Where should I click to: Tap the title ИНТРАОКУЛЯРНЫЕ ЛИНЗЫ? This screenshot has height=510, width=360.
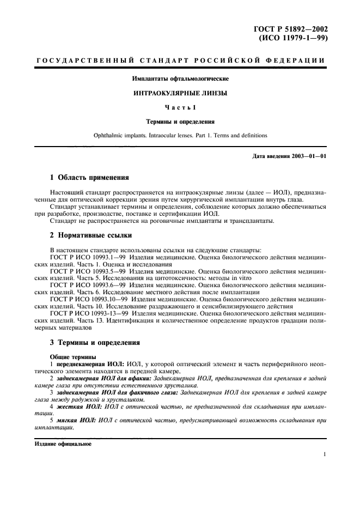coord(180,93)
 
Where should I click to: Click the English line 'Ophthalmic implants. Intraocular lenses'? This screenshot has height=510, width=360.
coord(180,135)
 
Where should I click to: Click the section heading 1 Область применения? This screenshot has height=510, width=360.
coord(90,178)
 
